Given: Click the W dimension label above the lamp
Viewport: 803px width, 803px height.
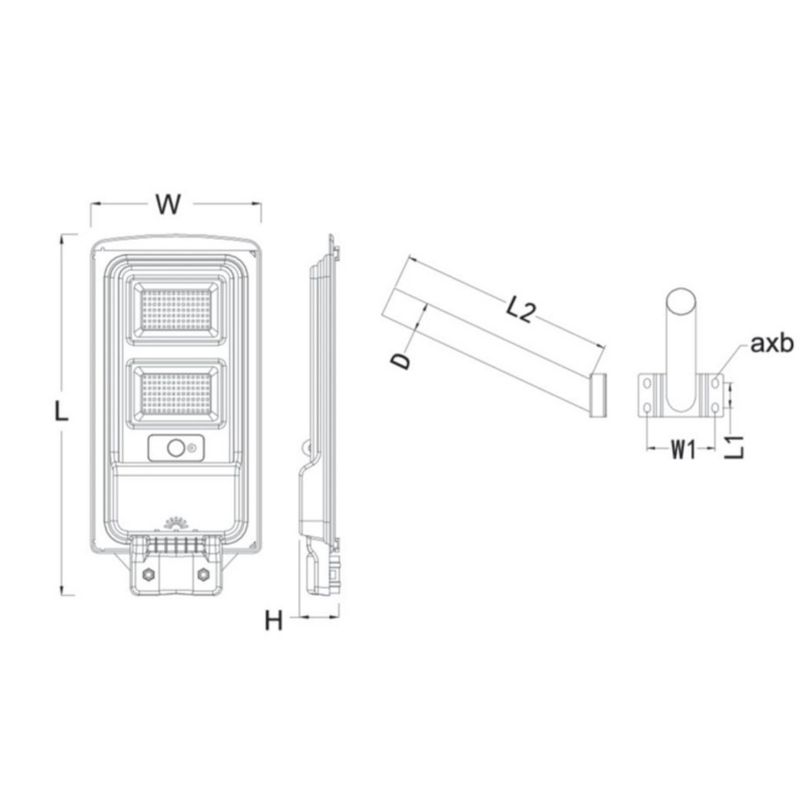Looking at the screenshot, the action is [169, 204].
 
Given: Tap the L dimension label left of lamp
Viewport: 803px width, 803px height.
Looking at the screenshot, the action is [61, 412].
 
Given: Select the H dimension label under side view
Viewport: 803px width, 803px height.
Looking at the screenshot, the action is [274, 621].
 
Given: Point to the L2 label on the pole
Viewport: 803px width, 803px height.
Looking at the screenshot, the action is [521, 311].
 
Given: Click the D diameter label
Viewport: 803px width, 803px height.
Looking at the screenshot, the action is [401, 359].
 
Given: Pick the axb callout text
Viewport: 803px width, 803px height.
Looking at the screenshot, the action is [772, 343].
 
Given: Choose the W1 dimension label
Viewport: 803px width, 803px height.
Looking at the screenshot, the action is [684, 450].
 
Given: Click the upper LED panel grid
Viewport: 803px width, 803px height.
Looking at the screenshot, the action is [176, 309].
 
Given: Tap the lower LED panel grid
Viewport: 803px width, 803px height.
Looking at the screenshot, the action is [176, 394].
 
